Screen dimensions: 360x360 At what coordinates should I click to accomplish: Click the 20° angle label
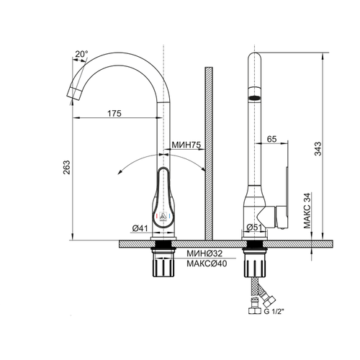[81, 54]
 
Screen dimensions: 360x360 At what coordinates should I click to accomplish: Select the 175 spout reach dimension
[114, 113]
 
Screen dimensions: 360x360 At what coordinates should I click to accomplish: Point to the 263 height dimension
[66, 167]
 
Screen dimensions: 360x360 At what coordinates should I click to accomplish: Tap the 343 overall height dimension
[318, 149]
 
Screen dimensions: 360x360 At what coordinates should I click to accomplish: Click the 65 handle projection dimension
[271, 139]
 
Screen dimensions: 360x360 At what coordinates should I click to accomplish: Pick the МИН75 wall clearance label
[186, 145]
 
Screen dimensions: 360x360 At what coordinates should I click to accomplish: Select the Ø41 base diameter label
[140, 228]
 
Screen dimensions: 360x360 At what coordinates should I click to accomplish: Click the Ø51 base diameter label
[254, 227]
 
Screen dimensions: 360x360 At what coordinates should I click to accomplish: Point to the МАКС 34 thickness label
[307, 210]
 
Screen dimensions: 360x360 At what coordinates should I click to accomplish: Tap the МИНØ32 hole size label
[204, 253]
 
